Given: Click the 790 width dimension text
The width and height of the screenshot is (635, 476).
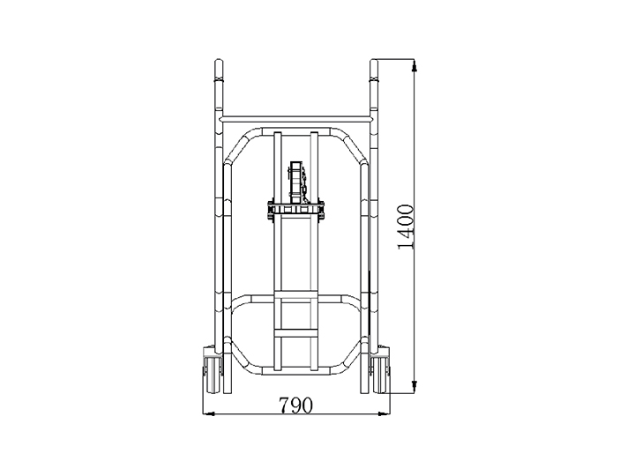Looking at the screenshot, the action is click(x=296, y=405).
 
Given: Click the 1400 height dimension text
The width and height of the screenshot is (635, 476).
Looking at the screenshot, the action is click(x=407, y=227).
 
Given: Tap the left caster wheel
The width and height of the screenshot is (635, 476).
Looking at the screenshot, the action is click(x=212, y=375).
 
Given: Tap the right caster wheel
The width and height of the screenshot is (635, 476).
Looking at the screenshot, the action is click(x=380, y=375).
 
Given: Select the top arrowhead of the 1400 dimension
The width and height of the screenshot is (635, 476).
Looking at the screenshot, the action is click(x=414, y=66).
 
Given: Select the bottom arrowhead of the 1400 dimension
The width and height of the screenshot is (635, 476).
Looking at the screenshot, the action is click(x=414, y=386).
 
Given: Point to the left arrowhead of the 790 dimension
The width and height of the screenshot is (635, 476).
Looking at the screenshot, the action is click(x=208, y=414).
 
